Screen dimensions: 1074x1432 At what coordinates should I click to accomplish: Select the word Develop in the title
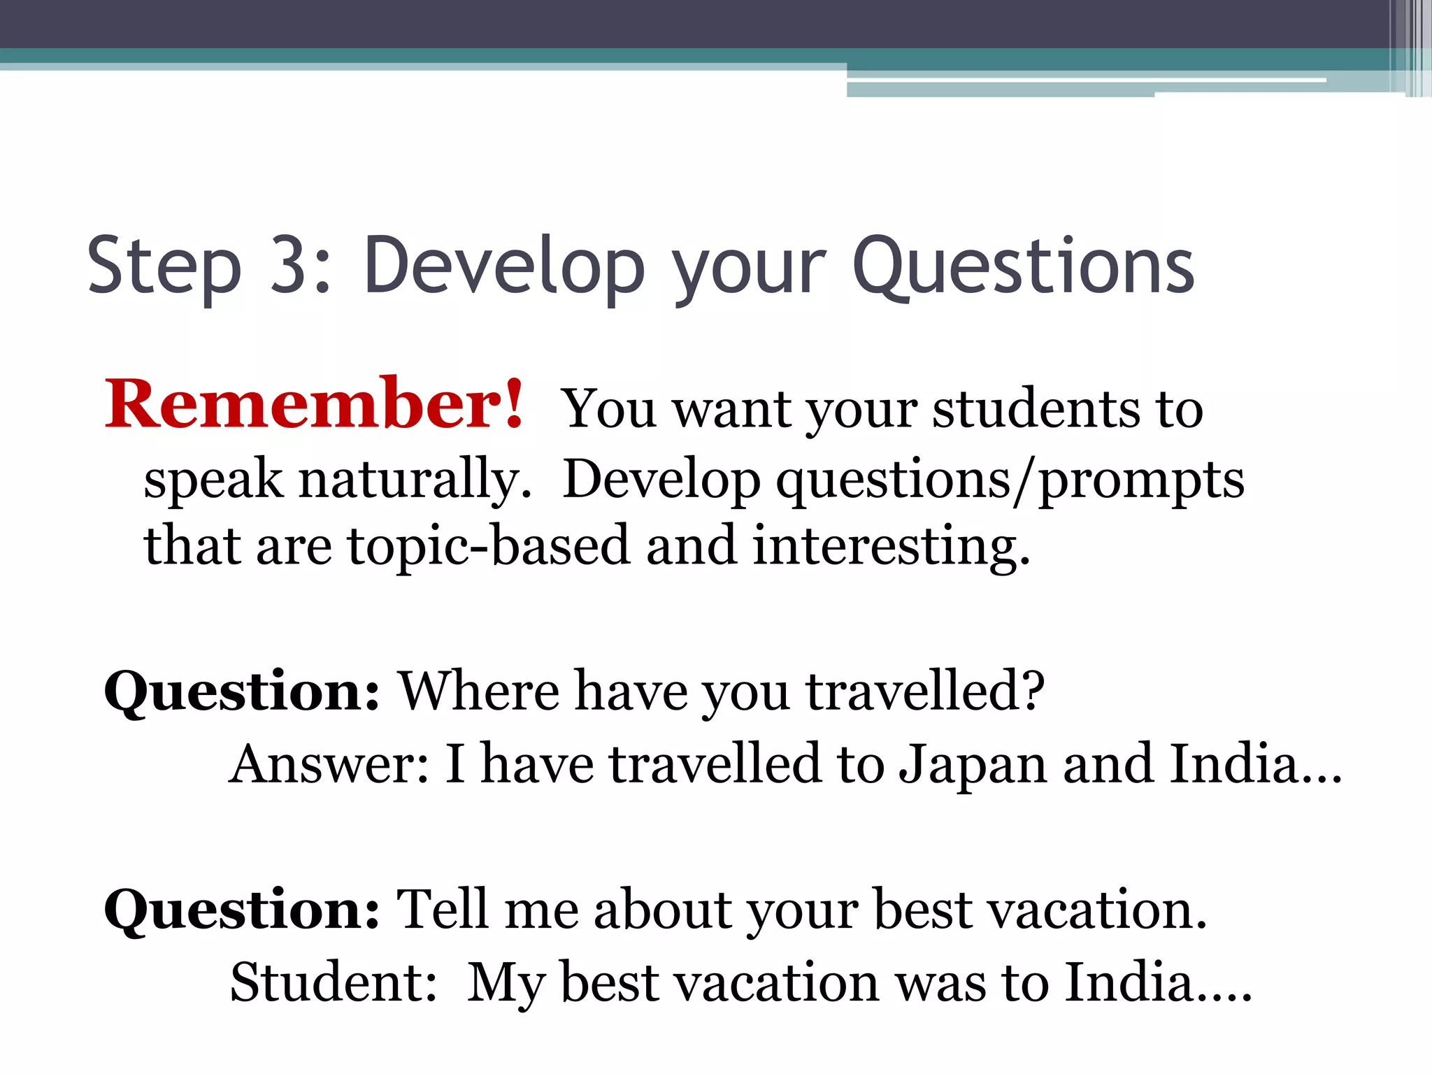pos(504,265)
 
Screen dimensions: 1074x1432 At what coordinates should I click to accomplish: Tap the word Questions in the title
pos(1023,265)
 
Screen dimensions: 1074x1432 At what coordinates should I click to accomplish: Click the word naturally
pos(415,481)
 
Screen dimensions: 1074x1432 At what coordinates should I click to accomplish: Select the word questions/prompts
pos(1010,481)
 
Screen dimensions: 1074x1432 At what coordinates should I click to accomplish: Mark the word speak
pos(213,481)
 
